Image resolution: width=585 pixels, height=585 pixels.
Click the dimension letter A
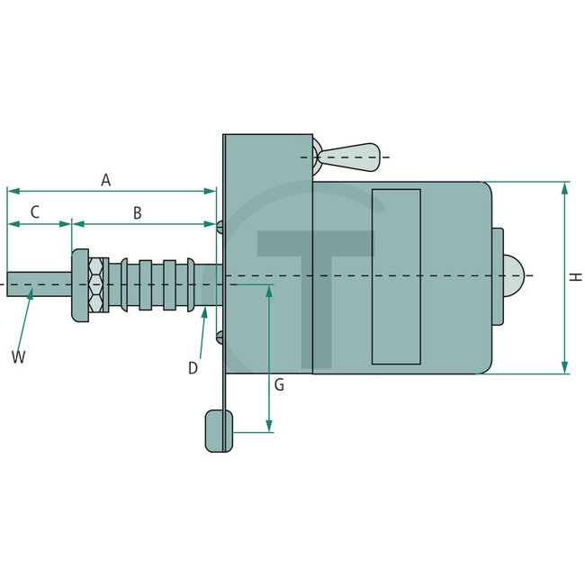[x=105, y=181]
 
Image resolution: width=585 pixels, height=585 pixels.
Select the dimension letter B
[x=137, y=213]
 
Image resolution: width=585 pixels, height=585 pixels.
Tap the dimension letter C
[x=34, y=213]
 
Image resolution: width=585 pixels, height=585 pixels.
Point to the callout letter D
[x=193, y=367]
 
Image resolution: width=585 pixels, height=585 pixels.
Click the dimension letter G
[x=279, y=385]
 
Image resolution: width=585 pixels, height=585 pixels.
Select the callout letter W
[x=18, y=357]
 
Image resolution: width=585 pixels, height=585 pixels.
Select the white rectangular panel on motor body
[x=396, y=276]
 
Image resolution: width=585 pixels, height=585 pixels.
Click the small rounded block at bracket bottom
[x=219, y=430]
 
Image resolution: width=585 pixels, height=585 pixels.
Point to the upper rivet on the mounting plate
[x=220, y=225]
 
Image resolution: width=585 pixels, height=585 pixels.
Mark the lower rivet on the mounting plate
[x=220, y=337]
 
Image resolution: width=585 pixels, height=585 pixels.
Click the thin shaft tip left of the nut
[x=36, y=284]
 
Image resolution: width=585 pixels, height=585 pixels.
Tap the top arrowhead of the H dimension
[x=564, y=187]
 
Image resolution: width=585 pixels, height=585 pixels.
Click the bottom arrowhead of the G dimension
[x=270, y=427]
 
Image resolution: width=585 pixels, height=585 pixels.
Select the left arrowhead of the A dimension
[x=12, y=191]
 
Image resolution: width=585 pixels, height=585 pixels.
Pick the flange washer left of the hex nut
[x=80, y=284]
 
